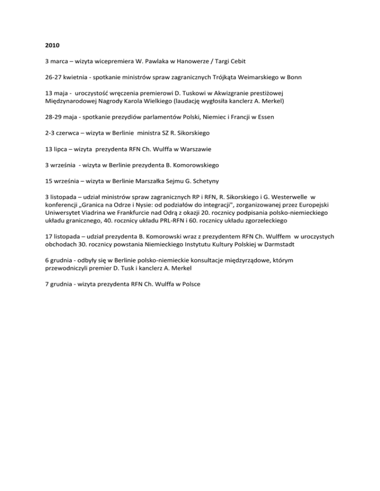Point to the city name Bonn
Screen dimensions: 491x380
click(x=294, y=77)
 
